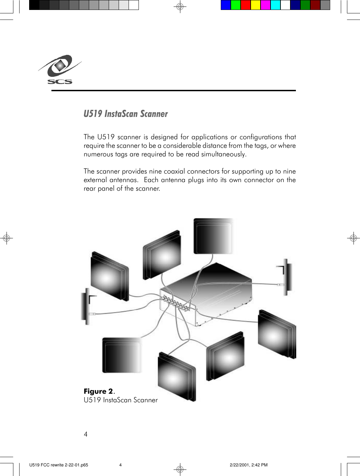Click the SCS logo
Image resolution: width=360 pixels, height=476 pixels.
pyautogui.click(x=60, y=70)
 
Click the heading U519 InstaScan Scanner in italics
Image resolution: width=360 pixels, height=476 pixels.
pyautogui.click(x=125, y=114)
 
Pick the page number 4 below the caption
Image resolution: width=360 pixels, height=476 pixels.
pyautogui.click(x=86, y=434)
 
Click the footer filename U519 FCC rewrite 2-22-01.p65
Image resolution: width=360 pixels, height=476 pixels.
pyautogui.click(x=59, y=465)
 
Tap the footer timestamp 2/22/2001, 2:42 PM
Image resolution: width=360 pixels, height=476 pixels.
pyautogui.click(x=249, y=465)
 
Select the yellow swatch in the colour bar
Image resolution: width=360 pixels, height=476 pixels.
pyautogui.click(x=255, y=5)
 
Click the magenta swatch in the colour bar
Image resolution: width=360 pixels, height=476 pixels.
pyautogui.click(x=265, y=5)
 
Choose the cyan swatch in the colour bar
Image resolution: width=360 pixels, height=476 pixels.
pyautogui.click(x=275, y=5)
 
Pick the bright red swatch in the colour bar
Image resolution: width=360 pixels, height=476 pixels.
pyautogui.click(x=245, y=5)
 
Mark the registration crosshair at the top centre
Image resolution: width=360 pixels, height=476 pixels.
pyautogui.click(x=180, y=7)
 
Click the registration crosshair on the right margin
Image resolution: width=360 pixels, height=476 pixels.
pyautogui.click(x=353, y=238)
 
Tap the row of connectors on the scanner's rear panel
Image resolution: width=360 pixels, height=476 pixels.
pyautogui.click(x=175, y=304)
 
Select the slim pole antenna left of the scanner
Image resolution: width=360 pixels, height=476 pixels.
pyautogui.click(x=87, y=306)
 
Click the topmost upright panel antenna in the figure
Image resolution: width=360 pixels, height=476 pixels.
pyautogui.click(x=213, y=236)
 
